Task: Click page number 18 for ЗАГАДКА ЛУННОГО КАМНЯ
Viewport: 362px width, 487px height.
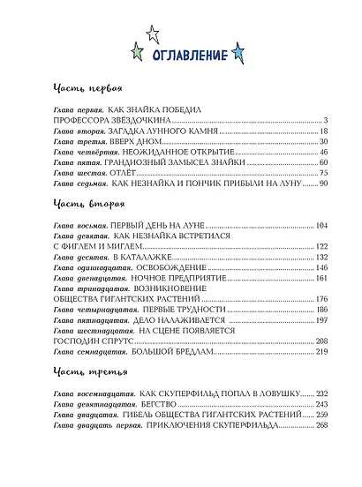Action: [x=323, y=131]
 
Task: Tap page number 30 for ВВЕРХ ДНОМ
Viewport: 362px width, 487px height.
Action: [x=323, y=141]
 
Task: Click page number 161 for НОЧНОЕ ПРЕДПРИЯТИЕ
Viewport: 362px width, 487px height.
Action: [x=321, y=279]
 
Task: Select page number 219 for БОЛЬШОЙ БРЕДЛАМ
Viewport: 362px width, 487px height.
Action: [x=321, y=352]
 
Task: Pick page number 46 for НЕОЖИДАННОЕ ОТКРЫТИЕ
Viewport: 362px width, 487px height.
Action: [x=323, y=152]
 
